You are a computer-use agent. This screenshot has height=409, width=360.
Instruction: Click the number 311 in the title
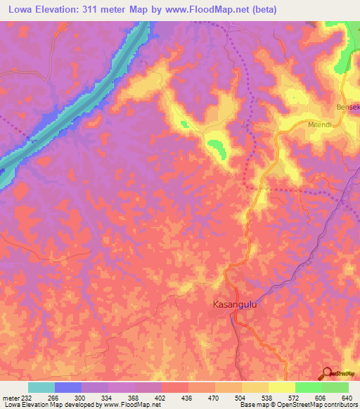coord(95,9)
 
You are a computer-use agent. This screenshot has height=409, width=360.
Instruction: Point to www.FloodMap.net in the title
coord(212,9)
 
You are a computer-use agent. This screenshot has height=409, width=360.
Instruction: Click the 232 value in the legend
coord(27,398)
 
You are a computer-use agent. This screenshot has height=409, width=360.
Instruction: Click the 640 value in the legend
coord(348,398)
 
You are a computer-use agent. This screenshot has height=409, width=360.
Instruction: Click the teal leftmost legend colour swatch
coord(41,387)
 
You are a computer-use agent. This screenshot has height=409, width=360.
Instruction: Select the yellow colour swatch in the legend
coord(281,387)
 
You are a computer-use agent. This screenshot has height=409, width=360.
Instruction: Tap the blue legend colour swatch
coord(68,387)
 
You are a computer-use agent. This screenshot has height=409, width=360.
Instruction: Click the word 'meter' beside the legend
coord(10,398)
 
